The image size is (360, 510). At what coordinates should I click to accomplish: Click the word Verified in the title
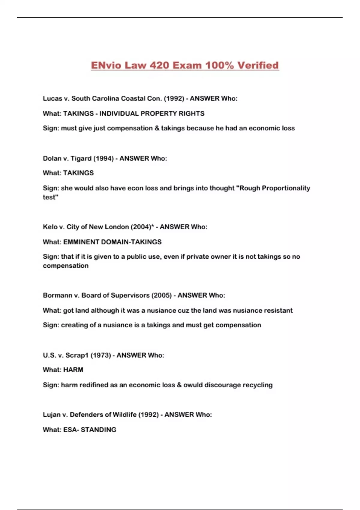click(258, 65)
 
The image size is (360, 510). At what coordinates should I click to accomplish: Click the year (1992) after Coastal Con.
click(174, 98)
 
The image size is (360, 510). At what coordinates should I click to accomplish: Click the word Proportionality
click(286, 188)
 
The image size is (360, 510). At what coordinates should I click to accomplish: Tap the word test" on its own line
click(50, 197)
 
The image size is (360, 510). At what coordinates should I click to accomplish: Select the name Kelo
click(50, 227)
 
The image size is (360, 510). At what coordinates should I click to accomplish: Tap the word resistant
click(278, 310)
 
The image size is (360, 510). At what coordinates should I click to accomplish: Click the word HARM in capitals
click(73, 370)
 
